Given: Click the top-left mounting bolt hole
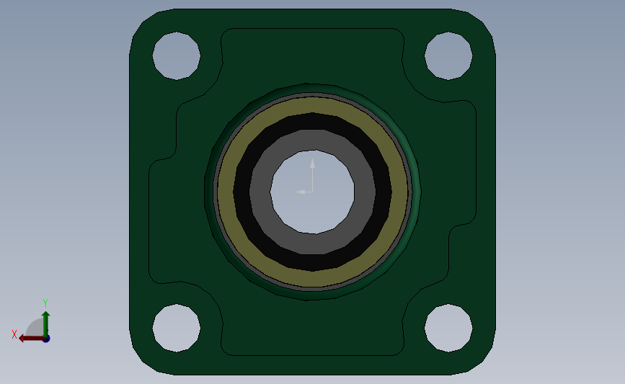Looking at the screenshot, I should click(176, 55).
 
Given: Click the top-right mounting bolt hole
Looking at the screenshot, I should click(448, 55).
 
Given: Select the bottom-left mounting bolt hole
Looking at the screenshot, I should click(176, 328).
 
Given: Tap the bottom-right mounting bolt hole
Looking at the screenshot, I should click(448, 328).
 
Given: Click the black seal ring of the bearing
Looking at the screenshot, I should click(242, 192).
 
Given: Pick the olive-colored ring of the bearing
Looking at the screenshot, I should click(225, 192).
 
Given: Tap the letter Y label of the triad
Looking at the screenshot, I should click(45, 303).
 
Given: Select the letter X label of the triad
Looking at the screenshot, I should click(14, 334).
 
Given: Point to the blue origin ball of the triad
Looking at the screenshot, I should click(46, 338).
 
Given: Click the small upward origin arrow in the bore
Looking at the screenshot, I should click(312, 166).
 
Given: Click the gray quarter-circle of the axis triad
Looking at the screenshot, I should click(35, 328).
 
